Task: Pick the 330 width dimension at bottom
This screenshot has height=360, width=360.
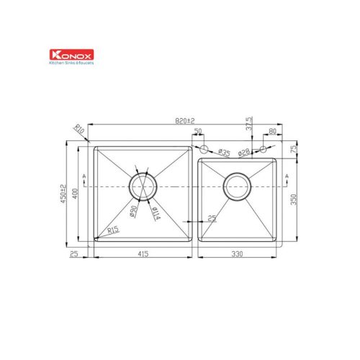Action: pos(237,254)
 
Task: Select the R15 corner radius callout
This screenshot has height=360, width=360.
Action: pos(112,230)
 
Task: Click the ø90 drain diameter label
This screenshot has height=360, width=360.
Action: pos(134,212)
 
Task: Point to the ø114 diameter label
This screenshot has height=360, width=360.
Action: pos(156,213)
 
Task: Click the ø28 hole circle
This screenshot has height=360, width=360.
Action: pos(263,149)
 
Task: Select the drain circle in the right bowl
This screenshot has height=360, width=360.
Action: pos(237,186)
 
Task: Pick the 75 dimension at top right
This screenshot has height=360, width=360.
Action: pos(293,148)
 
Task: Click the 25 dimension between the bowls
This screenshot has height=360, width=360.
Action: pos(212,217)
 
